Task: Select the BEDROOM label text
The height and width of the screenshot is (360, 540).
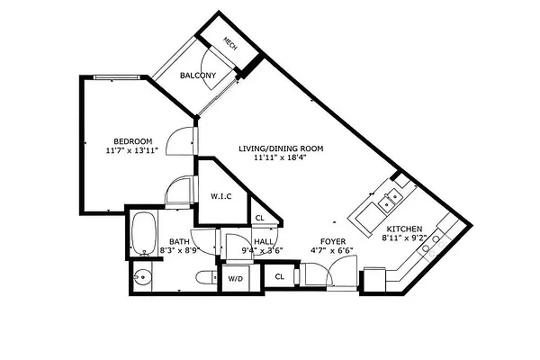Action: point(132,140)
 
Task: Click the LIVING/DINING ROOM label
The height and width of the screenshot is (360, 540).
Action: point(281,148)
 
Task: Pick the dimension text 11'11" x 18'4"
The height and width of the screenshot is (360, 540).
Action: point(281,158)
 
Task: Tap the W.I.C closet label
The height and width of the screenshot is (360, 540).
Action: point(222,196)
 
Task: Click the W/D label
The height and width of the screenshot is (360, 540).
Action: point(235,279)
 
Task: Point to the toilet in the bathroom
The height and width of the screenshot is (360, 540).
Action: point(205,277)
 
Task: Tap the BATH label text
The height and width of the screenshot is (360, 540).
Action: point(179,241)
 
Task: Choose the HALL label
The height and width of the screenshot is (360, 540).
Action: point(263,241)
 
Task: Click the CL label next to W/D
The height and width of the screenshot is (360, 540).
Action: point(279,277)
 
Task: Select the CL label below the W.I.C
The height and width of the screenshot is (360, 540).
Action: point(259,218)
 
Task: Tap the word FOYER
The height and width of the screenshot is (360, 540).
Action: point(334,241)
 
